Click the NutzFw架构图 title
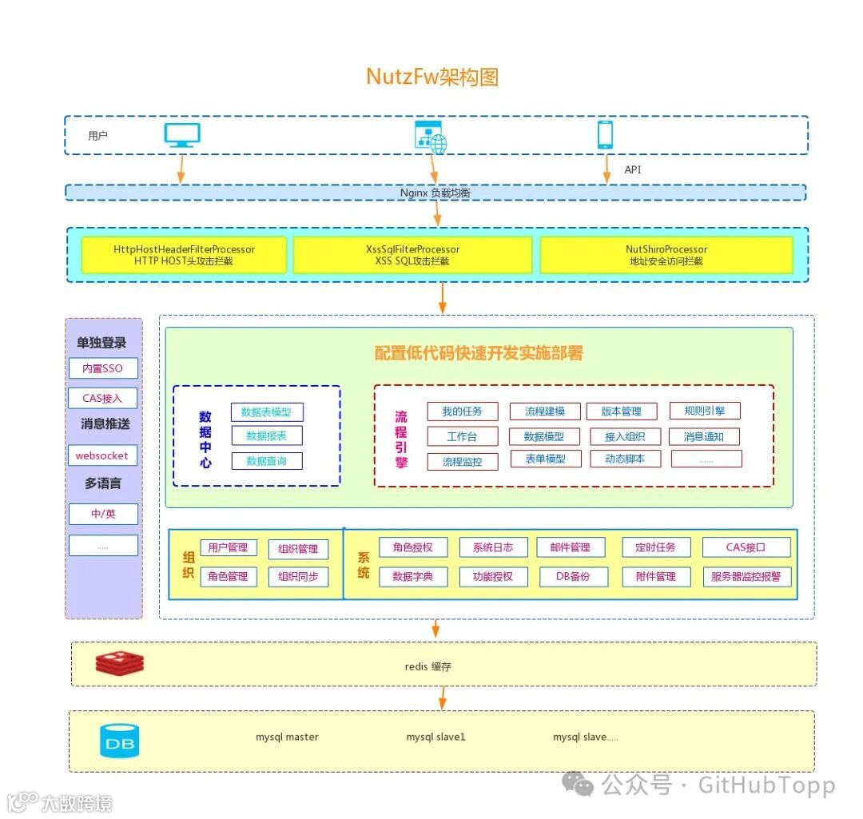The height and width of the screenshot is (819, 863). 432,77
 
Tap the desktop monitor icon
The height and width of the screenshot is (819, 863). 182,135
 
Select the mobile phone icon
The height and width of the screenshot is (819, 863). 606,135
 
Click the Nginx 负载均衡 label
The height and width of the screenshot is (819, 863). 435,193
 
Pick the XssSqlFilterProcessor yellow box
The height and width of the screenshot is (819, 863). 412,255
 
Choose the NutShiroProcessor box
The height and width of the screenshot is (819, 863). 666,255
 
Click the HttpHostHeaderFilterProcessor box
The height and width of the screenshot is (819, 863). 184,255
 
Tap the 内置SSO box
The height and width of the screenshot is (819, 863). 103,368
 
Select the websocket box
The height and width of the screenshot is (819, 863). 102,455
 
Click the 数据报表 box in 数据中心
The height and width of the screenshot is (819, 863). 267,435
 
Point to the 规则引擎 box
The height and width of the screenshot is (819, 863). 705,411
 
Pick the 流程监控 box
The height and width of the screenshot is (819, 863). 462,461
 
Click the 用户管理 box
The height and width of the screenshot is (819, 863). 229,547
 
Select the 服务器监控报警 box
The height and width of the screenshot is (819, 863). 746,576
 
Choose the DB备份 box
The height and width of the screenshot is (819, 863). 572,576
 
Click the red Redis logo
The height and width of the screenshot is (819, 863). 119,662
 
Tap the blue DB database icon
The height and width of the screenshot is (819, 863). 119,741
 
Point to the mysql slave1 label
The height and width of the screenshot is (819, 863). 435,737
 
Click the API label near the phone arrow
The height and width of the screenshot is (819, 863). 633,169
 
